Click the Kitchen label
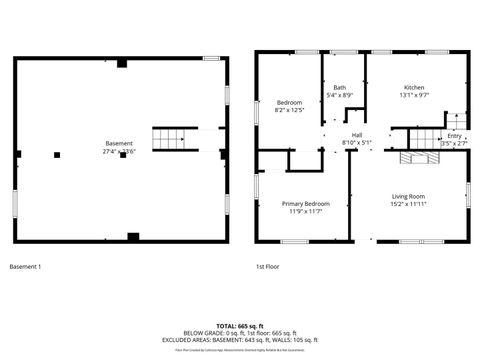click(x=414, y=87)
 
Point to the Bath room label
click(x=339, y=88)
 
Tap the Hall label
click(x=356, y=135)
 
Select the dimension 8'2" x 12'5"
click(x=288, y=110)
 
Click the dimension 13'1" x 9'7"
click(x=414, y=95)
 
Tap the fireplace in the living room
click(x=412, y=158)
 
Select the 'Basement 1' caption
click(x=25, y=267)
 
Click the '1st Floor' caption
click(x=266, y=267)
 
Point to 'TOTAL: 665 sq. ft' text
click(x=239, y=327)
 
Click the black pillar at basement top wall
click(x=121, y=62)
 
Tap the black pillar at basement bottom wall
click(x=133, y=236)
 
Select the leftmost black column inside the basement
click(x=57, y=154)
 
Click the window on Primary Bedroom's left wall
click(x=256, y=187)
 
